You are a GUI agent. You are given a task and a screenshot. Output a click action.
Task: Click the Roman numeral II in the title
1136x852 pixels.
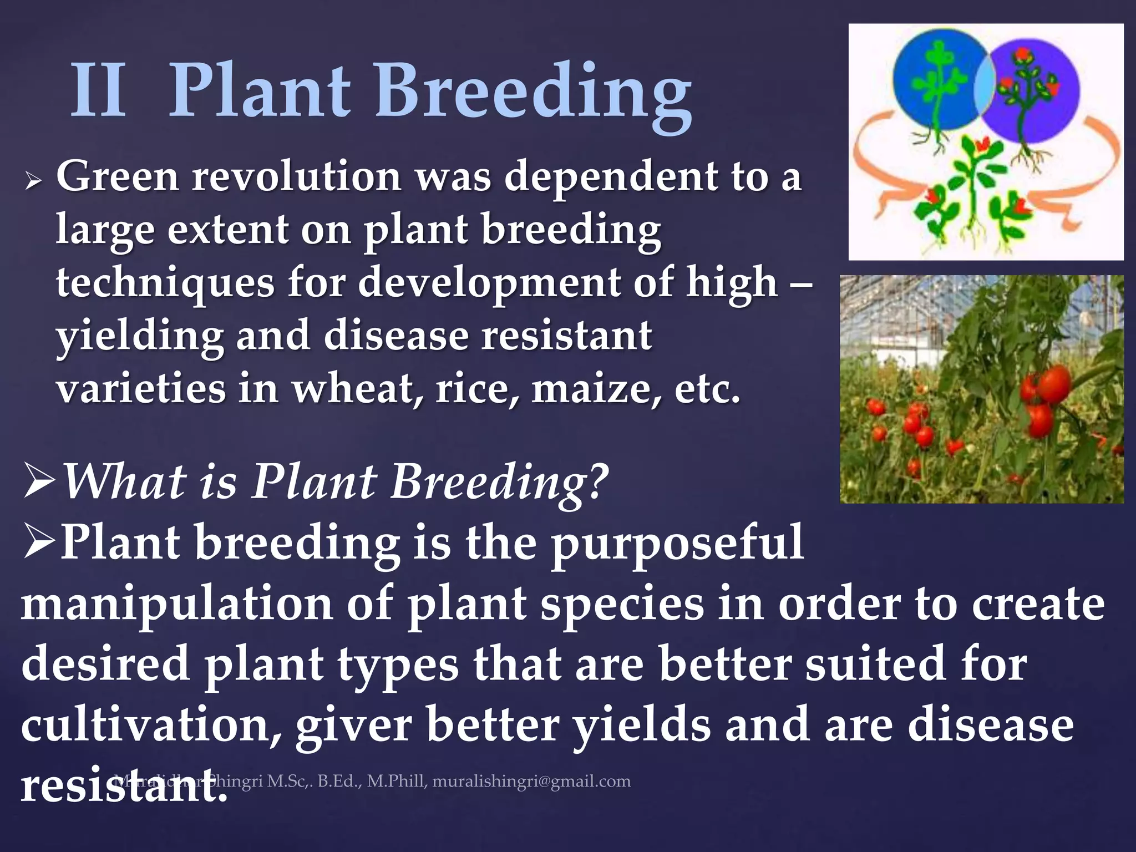pyautogui.click(x=99, y=90)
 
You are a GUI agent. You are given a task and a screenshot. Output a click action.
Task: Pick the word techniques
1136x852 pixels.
pyautogui.click(x=165, y=283)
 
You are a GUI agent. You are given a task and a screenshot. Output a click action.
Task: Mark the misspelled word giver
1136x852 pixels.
pyautogui.click(x=353, y=724)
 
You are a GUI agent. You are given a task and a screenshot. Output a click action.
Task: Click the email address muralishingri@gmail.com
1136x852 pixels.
pyautogui.click(x=531, y=781)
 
